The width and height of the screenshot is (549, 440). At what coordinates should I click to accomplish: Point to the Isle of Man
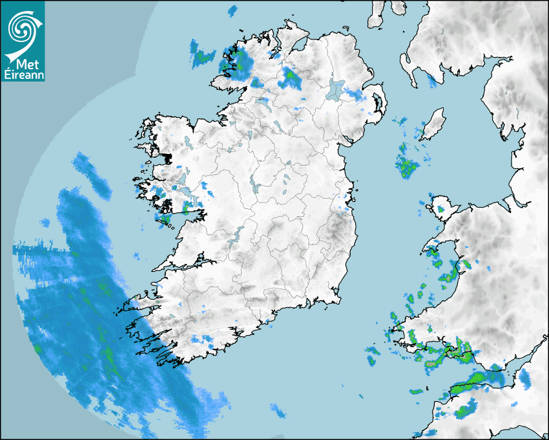(x=432, y=124)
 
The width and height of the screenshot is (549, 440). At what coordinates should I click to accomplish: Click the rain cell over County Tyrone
(x=289, y=78)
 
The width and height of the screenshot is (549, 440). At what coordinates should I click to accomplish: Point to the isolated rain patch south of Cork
(x=278, y=410)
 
